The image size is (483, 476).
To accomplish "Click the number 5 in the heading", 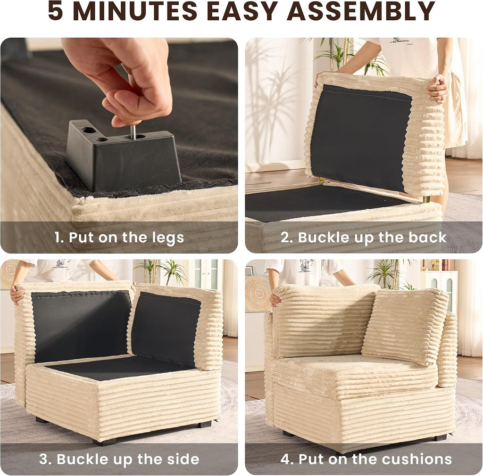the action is tap(56, 11).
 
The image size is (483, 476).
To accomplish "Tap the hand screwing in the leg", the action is tap(123, 77).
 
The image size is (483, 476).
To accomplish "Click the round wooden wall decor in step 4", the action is tap(258, 294).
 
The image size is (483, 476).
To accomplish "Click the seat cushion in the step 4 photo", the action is tap(354, 377).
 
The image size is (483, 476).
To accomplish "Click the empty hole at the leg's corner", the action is tap(89, 130).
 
